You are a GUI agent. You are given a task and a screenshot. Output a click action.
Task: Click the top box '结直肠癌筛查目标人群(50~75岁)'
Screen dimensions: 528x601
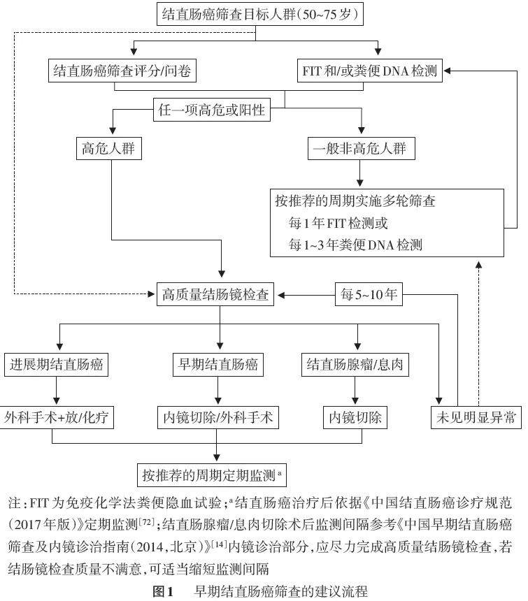[x=260, y=14]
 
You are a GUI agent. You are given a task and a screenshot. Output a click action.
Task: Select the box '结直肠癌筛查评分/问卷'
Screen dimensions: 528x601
[x=122, y=71]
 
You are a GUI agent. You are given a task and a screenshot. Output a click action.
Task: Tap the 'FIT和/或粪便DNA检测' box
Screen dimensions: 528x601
[x=370, y=71]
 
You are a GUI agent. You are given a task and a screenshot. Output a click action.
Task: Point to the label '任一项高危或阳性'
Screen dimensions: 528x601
[x=212, y=110]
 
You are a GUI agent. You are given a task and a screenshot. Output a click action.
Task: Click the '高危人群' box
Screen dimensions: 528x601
[x=109, y=148]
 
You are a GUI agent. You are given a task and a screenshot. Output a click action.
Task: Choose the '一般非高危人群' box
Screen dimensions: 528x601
[x=361, y=148]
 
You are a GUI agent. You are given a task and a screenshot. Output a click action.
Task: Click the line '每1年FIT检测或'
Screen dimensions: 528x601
[x=338, y=223]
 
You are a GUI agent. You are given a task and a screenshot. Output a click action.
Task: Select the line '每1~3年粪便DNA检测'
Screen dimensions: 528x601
[x=355, y=244]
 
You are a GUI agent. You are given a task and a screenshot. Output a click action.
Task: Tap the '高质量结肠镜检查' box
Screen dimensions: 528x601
[x=215, y=294]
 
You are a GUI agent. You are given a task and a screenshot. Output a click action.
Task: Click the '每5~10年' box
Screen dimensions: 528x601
[x=369, y=294]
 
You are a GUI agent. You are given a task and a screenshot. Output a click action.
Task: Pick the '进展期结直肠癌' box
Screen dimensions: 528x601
[x=56, y=365]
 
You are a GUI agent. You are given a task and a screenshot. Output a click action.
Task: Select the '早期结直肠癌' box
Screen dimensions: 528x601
[x=217, y=365]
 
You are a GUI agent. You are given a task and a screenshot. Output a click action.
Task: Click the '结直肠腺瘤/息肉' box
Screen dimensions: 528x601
[x=355, y=365]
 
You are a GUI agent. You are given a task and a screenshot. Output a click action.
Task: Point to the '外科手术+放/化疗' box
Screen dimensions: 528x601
[x=57, y=417]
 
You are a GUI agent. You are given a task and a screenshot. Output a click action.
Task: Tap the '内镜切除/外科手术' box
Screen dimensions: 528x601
[x=217, y=417]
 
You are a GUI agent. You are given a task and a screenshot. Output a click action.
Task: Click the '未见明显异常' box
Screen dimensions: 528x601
[x=476, y=417]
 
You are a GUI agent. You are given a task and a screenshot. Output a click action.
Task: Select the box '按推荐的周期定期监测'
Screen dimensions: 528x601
[x=212, y=475]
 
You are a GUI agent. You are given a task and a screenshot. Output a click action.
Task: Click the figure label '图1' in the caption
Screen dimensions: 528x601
[x=164, y=591]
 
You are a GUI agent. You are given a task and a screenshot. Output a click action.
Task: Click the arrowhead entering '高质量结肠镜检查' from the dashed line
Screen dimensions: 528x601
[x=152, y=294]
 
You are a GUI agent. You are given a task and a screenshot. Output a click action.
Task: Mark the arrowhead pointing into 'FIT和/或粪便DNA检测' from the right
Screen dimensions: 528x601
[x=447, y=71]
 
